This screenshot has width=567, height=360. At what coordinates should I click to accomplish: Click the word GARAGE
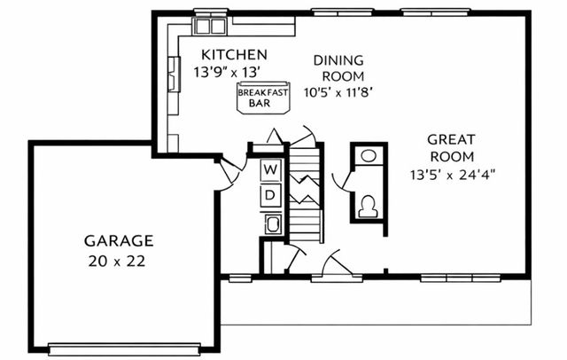pyautogui.click(x=119, y=240)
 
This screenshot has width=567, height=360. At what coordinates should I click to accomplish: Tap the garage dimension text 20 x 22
pyautogui.click(x=119, y=261)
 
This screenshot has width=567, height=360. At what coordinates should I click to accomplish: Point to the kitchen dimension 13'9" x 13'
pyautogui.click(x=234, y=73)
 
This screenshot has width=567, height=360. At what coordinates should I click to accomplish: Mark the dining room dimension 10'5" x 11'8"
pyautogui.click(x=338, y=91)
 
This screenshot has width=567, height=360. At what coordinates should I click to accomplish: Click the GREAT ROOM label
pyautogui.click(x=452, y=147)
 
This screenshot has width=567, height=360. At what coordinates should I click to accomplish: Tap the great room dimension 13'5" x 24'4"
pyautogui.click(x=452, y=174)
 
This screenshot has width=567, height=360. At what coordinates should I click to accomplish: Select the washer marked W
pyautogui.click(x=272, y=168)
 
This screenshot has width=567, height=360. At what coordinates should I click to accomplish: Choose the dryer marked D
pyautogui.click(x=272, y=194)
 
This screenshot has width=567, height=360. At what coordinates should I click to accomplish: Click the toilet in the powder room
pyautogui.click(x=369, y=205)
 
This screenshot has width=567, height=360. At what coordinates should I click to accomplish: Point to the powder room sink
pyautogui.click(x=369, y=155)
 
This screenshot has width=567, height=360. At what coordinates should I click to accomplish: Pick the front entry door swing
pyautogui.click(x=337, y=263)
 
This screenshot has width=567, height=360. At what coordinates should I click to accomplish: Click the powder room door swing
pyautogui.click(x=341, y=182)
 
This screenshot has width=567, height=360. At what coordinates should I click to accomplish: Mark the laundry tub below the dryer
pyautogui.click(x=272, y=223)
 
